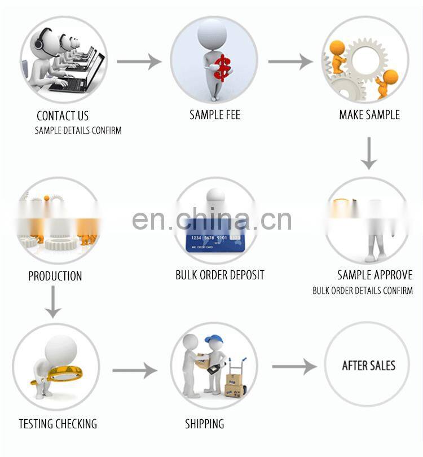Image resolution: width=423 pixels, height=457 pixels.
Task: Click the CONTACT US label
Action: click(x=63, y=116)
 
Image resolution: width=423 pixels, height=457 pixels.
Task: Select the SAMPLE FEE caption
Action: click(x=215, y=115)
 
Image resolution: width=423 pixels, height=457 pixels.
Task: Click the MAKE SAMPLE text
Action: click(x=369, y=115)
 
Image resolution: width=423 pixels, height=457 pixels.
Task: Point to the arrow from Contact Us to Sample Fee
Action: click(x=139, y=60)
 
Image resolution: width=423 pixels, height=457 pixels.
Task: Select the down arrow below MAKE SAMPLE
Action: click(x=369, y=153)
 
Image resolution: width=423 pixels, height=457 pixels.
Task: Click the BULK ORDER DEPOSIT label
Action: click(x=220, y=275)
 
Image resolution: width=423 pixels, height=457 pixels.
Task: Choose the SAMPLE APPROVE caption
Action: click(x=375, y=275)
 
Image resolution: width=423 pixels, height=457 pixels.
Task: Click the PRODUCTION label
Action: click(x=55, y=276)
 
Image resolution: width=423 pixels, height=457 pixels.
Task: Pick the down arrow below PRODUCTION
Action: click(x=54, y=302)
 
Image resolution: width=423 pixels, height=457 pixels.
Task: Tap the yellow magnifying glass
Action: click(x=54, y=372)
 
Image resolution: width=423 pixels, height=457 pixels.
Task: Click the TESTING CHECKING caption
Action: click(x=58, y=424)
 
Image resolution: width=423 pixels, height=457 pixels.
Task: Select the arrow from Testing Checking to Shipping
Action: click(x=134, y=370)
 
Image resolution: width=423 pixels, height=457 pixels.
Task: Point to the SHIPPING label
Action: click(x=204, y=424)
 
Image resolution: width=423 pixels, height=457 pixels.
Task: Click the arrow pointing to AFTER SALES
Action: click(x=294, y=366)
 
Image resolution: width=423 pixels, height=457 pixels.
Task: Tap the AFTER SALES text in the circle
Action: click(x=369, y=366)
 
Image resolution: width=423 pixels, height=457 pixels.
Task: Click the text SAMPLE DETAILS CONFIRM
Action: click(x=78, y=130)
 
